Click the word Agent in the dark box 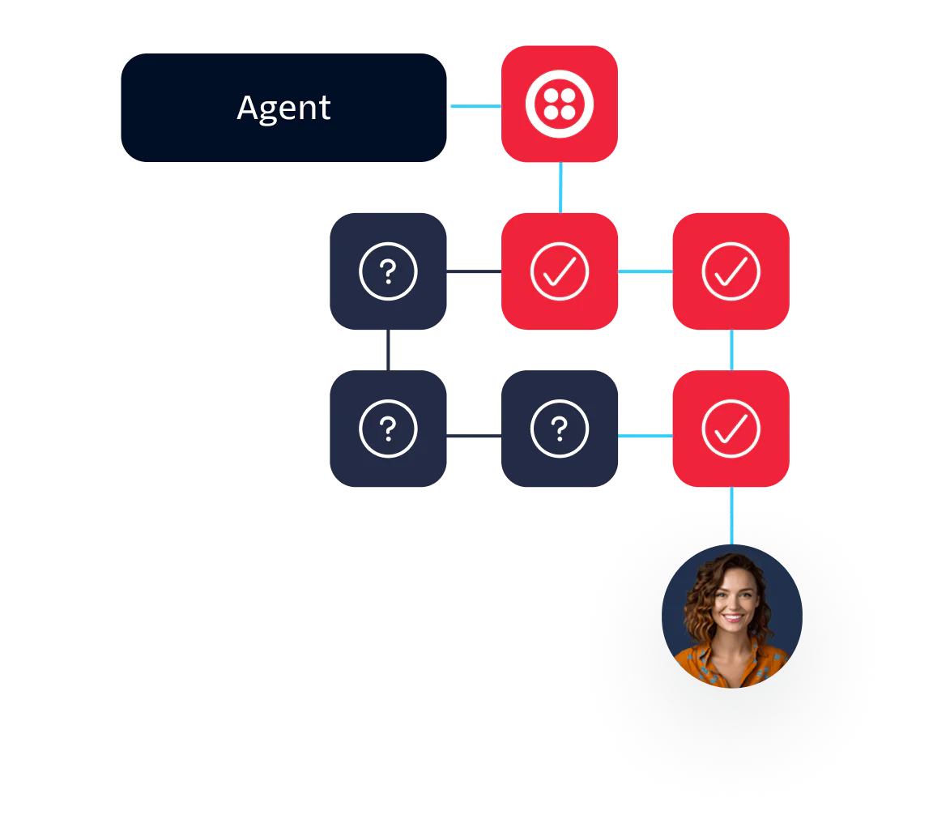(x=283, y=108)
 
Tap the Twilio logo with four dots (x=559, y=105)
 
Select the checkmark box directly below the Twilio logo (x=559, y=271)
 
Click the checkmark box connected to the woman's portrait (x=731, y=429)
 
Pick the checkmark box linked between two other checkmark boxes (x=731, y=271)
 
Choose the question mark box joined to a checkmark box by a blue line (x=559, y=429)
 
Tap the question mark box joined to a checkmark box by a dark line (x=387, y=271)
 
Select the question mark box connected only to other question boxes (x=387, y=429)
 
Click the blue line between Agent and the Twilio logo (x=475, y=107)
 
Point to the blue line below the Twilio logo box (x=560, y=188)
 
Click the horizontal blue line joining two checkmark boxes (x=645, y=271)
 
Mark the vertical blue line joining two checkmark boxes (x=731, y=350)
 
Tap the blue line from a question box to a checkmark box (x=645, y=437)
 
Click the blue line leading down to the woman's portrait (x=731, y=515)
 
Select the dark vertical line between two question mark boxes (x=388, y=350)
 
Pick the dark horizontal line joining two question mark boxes (x=473, y=437)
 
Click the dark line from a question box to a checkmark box (x=473, y=271)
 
